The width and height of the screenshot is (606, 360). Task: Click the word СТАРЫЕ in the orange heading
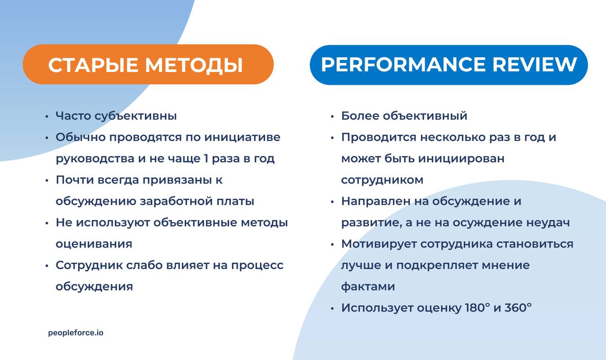(94, 65)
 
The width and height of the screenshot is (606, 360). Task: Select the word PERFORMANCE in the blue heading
(403, 65)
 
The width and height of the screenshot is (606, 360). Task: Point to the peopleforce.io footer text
(76, 333)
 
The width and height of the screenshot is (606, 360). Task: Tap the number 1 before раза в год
(206, 158)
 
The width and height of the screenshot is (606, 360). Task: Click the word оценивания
(94, 244)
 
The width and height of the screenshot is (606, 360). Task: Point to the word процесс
(257, 265)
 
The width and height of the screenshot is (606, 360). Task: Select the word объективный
(425, 116)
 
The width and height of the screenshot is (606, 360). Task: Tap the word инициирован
(462, 158)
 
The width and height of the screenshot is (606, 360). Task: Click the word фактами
(368, 286)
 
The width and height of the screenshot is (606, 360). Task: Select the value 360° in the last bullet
(518, 307)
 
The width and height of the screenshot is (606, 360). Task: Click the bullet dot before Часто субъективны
(46, 116)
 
